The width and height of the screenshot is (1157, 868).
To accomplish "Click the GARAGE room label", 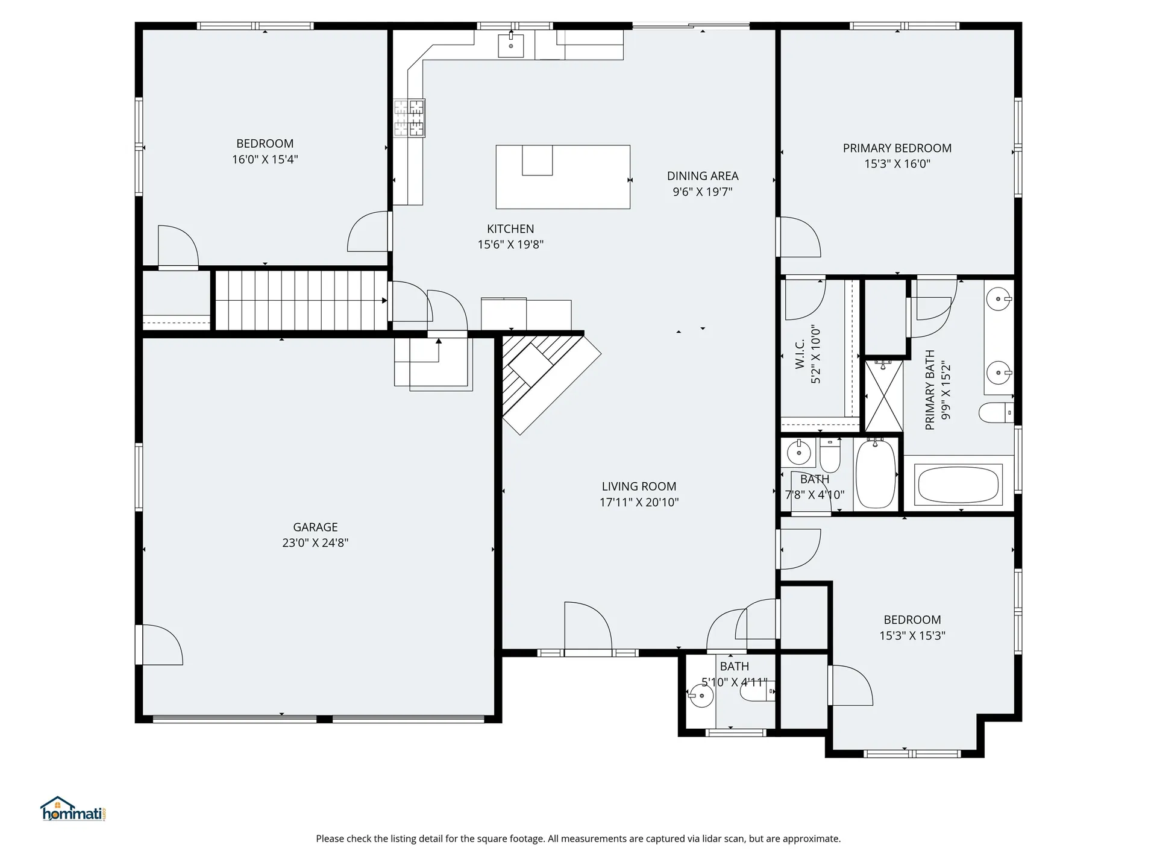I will point(315,527).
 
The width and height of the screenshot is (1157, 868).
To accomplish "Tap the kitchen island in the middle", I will point(563,177).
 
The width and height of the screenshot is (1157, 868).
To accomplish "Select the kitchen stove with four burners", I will point(409,118).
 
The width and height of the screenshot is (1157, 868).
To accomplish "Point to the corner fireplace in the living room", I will point(542,380).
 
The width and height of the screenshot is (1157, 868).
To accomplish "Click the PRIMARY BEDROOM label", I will point(897,148).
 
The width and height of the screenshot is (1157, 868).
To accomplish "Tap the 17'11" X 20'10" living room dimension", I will point(639,502).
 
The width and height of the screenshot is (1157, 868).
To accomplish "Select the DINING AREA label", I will point(702,176).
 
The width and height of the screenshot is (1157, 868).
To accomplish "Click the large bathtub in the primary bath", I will point(958,485).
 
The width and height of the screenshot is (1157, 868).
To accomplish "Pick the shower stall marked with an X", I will point(884,395).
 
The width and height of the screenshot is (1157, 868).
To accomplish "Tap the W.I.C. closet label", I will point(800,354).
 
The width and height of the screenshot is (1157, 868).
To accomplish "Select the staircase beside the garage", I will point(301,300).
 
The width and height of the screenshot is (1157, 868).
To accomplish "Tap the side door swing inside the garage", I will point(160,645).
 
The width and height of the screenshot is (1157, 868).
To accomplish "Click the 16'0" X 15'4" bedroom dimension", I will point(265,160).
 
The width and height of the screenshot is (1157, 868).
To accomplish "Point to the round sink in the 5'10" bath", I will point(700,696).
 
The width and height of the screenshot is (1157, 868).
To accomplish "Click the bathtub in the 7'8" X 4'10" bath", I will point(875,474).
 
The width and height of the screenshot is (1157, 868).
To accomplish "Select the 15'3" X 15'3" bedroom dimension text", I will point(912,635).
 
